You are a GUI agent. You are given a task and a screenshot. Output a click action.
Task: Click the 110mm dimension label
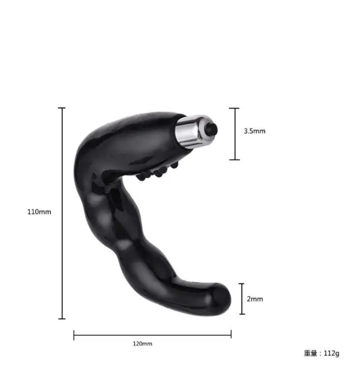pos(39,212)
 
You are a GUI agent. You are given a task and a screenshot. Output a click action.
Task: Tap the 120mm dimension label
pos(142,344)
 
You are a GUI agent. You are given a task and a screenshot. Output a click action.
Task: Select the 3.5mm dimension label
pos(254,131)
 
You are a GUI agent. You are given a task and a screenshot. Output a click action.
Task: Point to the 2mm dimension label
pos(255,299)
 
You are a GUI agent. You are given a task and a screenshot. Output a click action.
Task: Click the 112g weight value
pos(331,353)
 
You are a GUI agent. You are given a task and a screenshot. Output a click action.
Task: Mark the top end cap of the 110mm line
pos(62,108)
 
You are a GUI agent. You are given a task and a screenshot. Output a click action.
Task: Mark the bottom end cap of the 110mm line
pos(62,319)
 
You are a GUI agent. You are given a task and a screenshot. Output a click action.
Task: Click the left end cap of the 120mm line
pos(74,335)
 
